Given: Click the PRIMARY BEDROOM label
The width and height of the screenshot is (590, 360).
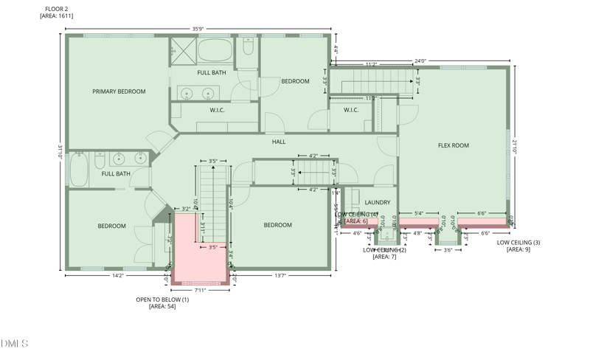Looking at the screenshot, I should [119, 91].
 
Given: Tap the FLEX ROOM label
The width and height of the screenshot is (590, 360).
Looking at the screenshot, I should [454, 145].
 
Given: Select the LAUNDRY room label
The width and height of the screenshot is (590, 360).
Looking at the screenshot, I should [378, 202].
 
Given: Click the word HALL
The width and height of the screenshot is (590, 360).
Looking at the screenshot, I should [279, 142].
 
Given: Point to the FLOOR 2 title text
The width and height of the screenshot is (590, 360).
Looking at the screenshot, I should [57, 9].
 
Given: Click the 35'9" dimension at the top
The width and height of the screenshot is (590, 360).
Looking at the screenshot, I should [198, 30].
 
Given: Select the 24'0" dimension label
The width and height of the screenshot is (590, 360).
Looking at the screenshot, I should [420, 61].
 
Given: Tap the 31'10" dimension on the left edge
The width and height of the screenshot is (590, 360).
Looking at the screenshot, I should [60, 151].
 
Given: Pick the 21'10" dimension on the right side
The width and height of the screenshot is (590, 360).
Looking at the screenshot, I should [516, 147].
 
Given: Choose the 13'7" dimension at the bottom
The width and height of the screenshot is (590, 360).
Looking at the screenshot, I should [280, 275].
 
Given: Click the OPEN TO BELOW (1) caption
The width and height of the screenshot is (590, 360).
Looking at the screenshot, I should [162, 300].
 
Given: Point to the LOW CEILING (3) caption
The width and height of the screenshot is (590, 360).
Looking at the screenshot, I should [518, 242].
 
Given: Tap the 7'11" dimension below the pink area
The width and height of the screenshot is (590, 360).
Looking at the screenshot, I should [200, 290].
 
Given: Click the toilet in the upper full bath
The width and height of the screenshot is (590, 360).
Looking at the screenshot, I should [248, 48].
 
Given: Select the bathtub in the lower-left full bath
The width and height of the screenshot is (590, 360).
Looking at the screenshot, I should [79, 169].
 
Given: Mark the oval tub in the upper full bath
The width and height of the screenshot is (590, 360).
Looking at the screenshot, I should [214, 51].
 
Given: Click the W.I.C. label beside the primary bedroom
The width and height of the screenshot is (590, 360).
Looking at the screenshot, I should [217, 111].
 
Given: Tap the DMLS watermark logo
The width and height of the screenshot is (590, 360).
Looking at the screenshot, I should [15, 344].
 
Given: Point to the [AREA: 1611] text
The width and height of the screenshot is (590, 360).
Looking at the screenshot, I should [57, 15].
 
